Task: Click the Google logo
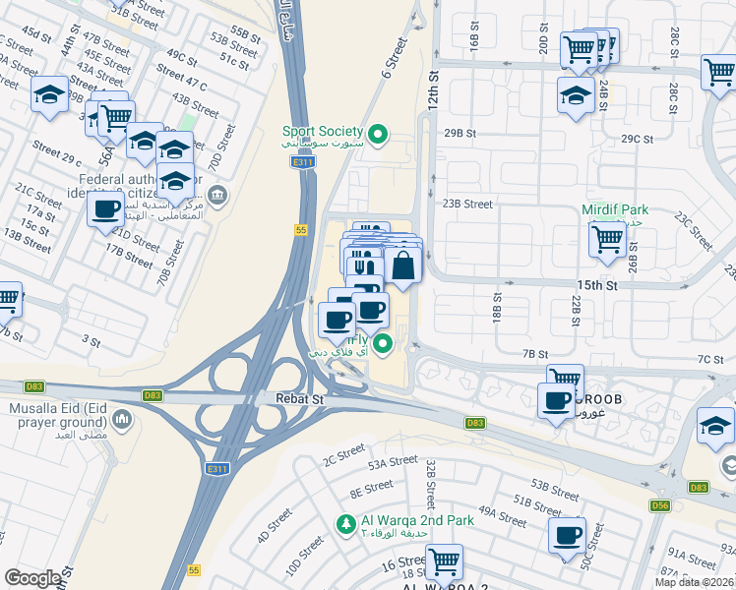tap(32, 578)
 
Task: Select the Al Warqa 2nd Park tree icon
tap(344, 521)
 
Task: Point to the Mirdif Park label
tap(613, 210)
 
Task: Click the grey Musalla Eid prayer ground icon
tap(123, 421)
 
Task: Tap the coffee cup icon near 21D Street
tap(105, 208)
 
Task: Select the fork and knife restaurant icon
tap(363, 265)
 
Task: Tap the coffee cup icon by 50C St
tap(567, 536)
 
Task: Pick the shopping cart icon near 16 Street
tap(444, 561)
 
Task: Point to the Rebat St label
tap(303, 400)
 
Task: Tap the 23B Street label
tap(466, 205)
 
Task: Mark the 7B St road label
tap(535, 354)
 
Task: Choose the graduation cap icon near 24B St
tap(576, 94)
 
